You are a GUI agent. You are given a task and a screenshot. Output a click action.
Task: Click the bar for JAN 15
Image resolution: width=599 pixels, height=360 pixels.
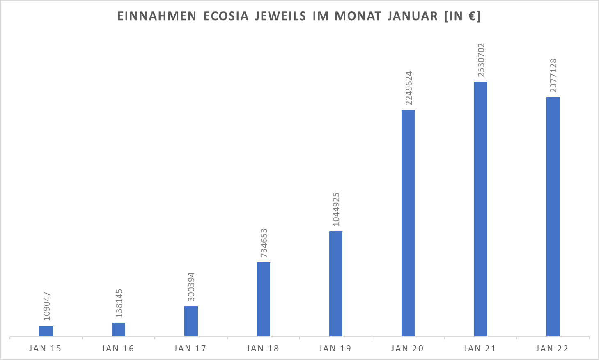[x=46, y=331]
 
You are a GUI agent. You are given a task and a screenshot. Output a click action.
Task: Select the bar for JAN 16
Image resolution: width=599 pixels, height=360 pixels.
[x=119, y=330]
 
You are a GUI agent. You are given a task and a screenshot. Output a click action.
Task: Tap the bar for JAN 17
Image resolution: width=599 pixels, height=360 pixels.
[x=191, y=321]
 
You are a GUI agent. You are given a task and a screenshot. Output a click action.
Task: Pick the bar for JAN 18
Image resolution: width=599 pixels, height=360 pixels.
[x=264, y=299]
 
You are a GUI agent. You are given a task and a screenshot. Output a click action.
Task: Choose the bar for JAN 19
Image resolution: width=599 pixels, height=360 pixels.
[x=336, y=284]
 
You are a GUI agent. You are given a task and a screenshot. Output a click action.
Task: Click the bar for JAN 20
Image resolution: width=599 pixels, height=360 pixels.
[x=408, y=223]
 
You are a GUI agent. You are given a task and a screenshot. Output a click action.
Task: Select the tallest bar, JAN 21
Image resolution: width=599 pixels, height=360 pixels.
[x=481, y=209]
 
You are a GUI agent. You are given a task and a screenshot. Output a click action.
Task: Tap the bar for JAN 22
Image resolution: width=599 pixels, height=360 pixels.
[x=553, y=217]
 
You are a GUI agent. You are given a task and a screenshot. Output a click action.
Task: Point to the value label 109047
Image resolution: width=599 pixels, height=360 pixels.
[x=47, y=306]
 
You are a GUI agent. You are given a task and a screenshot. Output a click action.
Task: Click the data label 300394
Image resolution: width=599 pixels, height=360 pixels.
[x=191, y=287]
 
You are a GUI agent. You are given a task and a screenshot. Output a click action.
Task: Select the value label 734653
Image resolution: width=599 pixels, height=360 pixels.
[x=264, y=243]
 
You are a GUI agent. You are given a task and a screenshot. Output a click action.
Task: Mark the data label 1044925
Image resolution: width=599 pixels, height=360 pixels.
[x=336, y=209]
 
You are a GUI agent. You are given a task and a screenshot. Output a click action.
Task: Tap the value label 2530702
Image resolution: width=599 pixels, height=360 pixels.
[x=481, y=60]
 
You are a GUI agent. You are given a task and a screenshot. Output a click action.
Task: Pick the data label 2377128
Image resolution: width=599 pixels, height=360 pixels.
[x=553, y=75]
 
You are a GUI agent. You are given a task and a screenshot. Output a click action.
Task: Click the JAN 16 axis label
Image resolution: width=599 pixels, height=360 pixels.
[x=118, y=349]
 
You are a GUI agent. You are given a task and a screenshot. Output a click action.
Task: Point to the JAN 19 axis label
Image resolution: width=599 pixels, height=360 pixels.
[x=335, y=349]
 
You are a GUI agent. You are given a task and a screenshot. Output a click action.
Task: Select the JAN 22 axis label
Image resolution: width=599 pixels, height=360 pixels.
[x=552, y=349]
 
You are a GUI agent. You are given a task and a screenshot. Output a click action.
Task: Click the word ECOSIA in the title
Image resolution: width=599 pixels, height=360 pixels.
[x=226, y=16]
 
